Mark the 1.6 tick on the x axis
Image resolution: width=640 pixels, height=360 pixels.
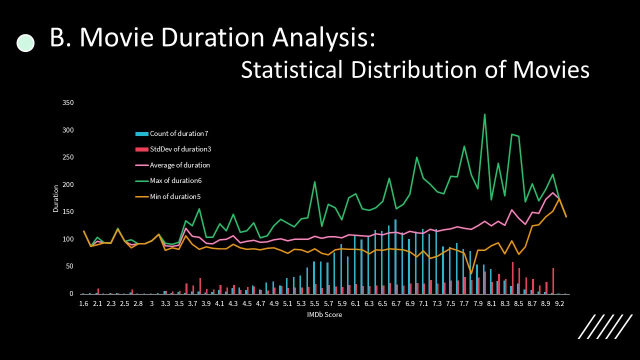pyautogui.click(x=83, y=303)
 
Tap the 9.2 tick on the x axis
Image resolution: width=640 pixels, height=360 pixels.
pyautogui.click(x=559, y=303)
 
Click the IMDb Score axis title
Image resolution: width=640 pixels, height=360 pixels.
pyautogui.click(x=324, y=315)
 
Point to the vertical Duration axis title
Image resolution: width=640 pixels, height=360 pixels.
pyautogui.click(x=56, y=198)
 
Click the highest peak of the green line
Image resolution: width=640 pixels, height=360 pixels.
pyautogui.click(x=484, y=114)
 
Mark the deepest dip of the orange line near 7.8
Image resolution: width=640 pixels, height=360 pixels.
pyautogui.click(x=471, y=274)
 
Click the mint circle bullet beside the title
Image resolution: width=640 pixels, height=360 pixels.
pyautogui.click(x=25, y=43)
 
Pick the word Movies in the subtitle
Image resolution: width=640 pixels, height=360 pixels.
pyautogui.click(x=551, y=69)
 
